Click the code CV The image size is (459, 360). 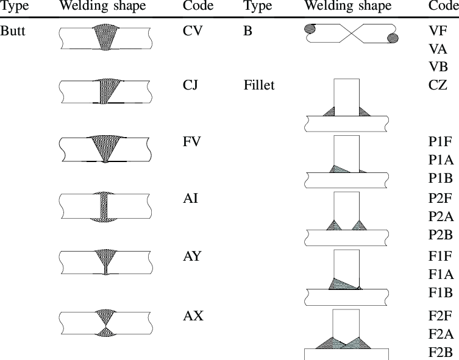point(193,30)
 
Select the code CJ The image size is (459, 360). point(191,85)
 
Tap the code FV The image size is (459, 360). point(192,141)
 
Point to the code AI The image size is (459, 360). point(191,199)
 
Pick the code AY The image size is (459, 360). point(193,256)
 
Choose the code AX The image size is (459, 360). point(193,316)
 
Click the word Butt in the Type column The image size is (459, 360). point(13,30)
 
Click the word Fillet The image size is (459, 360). point(259,85)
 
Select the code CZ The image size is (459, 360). point(438,85)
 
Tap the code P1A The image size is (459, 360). point(441,160)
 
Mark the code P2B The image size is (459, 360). point(441,235)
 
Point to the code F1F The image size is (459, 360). point(441,256)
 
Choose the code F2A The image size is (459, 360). point(441,334)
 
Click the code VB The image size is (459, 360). point(438,67)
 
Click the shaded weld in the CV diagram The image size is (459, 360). point(105,37)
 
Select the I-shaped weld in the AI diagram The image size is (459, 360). point(104,206)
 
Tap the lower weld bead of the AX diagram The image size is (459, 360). point(105,331)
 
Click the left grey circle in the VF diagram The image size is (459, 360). point(310,29)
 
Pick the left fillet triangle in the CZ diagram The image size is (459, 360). point(329,111)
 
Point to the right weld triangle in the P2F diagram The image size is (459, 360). point(359,225)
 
